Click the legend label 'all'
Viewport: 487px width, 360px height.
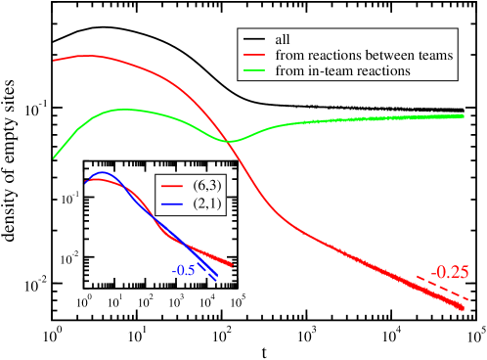(x=284, y=40)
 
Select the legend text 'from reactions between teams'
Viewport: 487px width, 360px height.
(x=364, y=56)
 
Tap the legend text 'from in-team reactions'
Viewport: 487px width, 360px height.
(x=342, y=71)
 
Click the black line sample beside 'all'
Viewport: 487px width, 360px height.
(x=255, y=40)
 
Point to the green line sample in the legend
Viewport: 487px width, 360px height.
(x=255, y=71)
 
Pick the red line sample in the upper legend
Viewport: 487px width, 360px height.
(x=255, y=56)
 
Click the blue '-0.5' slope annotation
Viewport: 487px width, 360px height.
(x=184, y=270)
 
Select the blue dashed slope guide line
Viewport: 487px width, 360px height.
(x=207, y=270)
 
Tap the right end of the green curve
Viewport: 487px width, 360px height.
(x=463, y=115)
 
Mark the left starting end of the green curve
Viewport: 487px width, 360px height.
(x=54, y=157)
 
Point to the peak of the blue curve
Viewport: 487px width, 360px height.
(x=102, y=173)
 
